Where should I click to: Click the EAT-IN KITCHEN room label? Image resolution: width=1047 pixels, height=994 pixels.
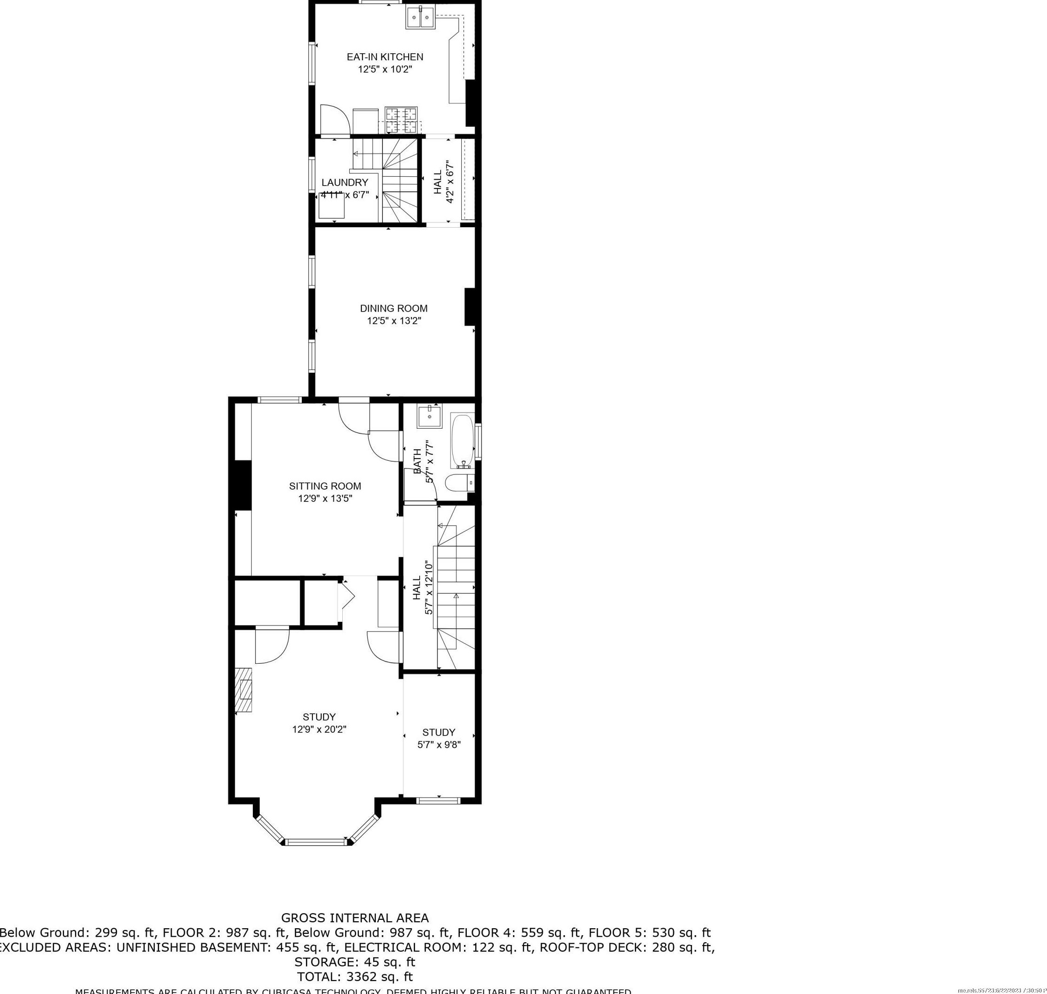pos(385,57)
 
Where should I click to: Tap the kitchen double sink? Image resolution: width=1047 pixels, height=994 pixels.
pos(420,17)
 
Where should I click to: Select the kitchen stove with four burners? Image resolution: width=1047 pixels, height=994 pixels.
pos(401,120)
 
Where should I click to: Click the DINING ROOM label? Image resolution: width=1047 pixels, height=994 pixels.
pos(394,308)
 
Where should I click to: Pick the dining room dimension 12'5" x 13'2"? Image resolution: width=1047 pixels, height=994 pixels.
pos(394,320)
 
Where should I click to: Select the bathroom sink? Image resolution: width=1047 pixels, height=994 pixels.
pos(429,417)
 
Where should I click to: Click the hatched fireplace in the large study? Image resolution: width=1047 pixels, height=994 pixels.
pos(244,690)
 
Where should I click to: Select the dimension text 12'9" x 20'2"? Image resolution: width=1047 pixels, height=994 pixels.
pos(319,729)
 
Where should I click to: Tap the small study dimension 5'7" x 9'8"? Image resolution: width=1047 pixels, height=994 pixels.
pos(439,744)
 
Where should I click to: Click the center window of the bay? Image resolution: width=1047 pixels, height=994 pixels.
pos(316,841)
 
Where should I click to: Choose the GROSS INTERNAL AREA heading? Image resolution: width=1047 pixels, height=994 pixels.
pos(354,918)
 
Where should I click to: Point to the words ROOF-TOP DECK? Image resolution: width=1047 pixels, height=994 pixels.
pos(593,947)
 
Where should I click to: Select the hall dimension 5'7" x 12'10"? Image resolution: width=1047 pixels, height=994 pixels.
pos(429,588)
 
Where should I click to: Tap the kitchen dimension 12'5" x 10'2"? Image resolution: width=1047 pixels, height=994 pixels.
pos(385,69)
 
